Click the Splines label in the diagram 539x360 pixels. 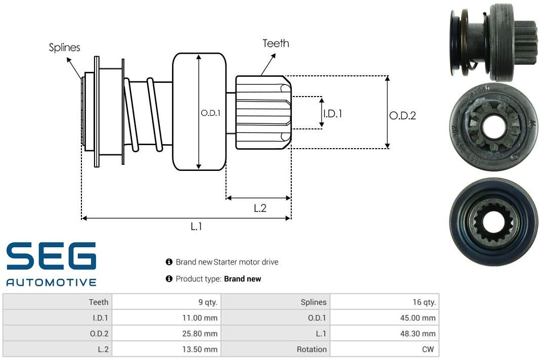(64, 48)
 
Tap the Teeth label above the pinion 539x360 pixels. (276, 43)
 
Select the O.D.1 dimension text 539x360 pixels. (210, 113)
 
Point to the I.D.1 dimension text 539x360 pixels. (332, 114)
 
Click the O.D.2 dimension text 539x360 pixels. (402, 116)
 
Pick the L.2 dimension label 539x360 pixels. (260, 208)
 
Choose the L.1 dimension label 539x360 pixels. (196, 227)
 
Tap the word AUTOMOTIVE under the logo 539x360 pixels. (51, 282)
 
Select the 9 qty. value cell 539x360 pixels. (207, 302)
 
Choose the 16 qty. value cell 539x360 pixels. (424, 302)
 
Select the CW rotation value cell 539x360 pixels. (429, 349)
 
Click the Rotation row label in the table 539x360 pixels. (311, 349)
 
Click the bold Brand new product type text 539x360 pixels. (243, 279)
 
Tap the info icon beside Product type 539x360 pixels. (169, 279)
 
